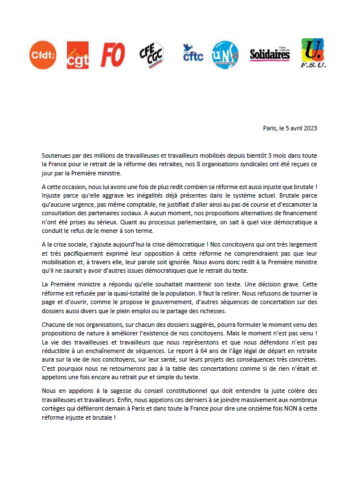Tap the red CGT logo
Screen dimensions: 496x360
pyautogui.click(x=77, y=55)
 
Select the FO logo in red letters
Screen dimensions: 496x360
pyautogui.click(x=113, y=55)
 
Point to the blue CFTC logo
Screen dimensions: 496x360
pyautogui.click(x=193, y=54)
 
